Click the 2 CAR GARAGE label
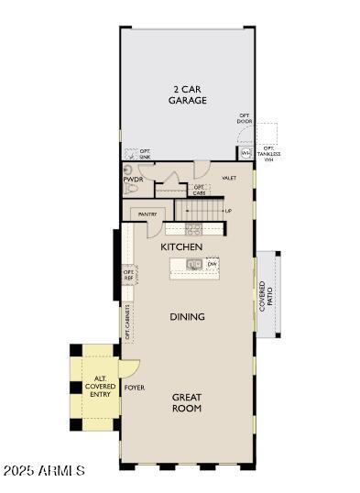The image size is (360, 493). [187, 95]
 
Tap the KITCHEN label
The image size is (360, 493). [181, 247]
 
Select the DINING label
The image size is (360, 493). [187, 317]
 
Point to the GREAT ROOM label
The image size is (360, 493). [187, 402]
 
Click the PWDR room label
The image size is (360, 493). [132, 180]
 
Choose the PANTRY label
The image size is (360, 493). [147, 214]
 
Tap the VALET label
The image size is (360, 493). [229, 178]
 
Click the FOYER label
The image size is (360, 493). [135, 388]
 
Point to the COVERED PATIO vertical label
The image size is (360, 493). [266, 297]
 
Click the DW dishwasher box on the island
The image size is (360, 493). [212, 264]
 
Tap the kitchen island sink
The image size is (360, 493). [194, 265]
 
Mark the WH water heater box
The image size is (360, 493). [246, 152]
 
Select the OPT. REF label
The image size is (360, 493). [129, 274]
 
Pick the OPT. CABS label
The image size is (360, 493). [199, 190]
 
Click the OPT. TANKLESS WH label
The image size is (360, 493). [268, 154]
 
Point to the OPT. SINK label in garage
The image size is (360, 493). [145, 153]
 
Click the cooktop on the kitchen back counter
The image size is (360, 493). [194, 227]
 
